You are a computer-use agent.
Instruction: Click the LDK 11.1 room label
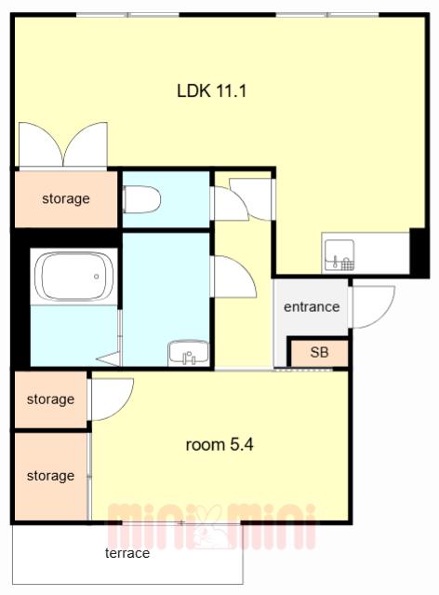[x=211, y=91]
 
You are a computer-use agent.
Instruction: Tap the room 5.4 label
[x=219, y=444]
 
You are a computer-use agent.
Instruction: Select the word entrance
[x=312, y=306]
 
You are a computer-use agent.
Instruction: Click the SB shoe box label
[x=319, y=352]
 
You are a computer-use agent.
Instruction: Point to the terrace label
[x=127, y=553]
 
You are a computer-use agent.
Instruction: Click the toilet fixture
[x=141, y=199]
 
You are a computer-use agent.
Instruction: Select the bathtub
[x=73, y=277]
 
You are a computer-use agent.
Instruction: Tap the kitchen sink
[x=339, y=255]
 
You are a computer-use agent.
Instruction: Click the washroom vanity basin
[x=189, y=353]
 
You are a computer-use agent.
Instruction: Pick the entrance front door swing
[x=373, y=306]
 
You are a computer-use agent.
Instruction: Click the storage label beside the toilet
[x=66, y=198]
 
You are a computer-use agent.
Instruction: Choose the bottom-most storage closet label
[x=50, y=476]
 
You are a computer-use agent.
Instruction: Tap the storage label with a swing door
[x=50, y=399]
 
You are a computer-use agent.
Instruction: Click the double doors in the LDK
[x=63, y=144]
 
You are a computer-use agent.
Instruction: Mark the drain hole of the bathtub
[x=97, y=277]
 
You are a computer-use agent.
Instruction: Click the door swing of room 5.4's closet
[x=112, y=399]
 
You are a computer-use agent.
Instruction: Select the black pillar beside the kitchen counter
[x=419, y=252]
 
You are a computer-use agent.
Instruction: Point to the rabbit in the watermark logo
[x=208, y=527]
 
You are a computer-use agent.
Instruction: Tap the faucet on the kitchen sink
[x=335, y=262]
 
